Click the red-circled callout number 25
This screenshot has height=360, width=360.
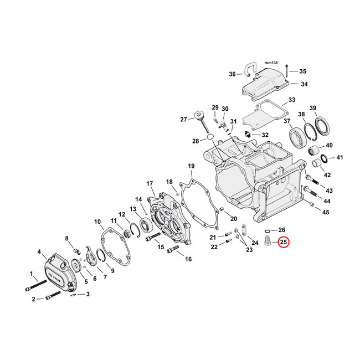pyautogui.click(x=283, y=242)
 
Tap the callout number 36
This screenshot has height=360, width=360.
pyautogui.click(x=232, y=74)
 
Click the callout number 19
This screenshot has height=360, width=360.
pyautogui.click(x=191, y=167)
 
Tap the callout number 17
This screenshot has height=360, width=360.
pyautogui.click(x=149, y=184)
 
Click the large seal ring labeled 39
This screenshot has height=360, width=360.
pyautogui.click(x=321, y=127)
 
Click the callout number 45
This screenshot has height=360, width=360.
pyautogui.click(x=326, y=212)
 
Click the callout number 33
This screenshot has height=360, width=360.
pyautogui.click(x=291, y=101)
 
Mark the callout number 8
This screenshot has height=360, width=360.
pyautogui.click(x=67, y=239)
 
